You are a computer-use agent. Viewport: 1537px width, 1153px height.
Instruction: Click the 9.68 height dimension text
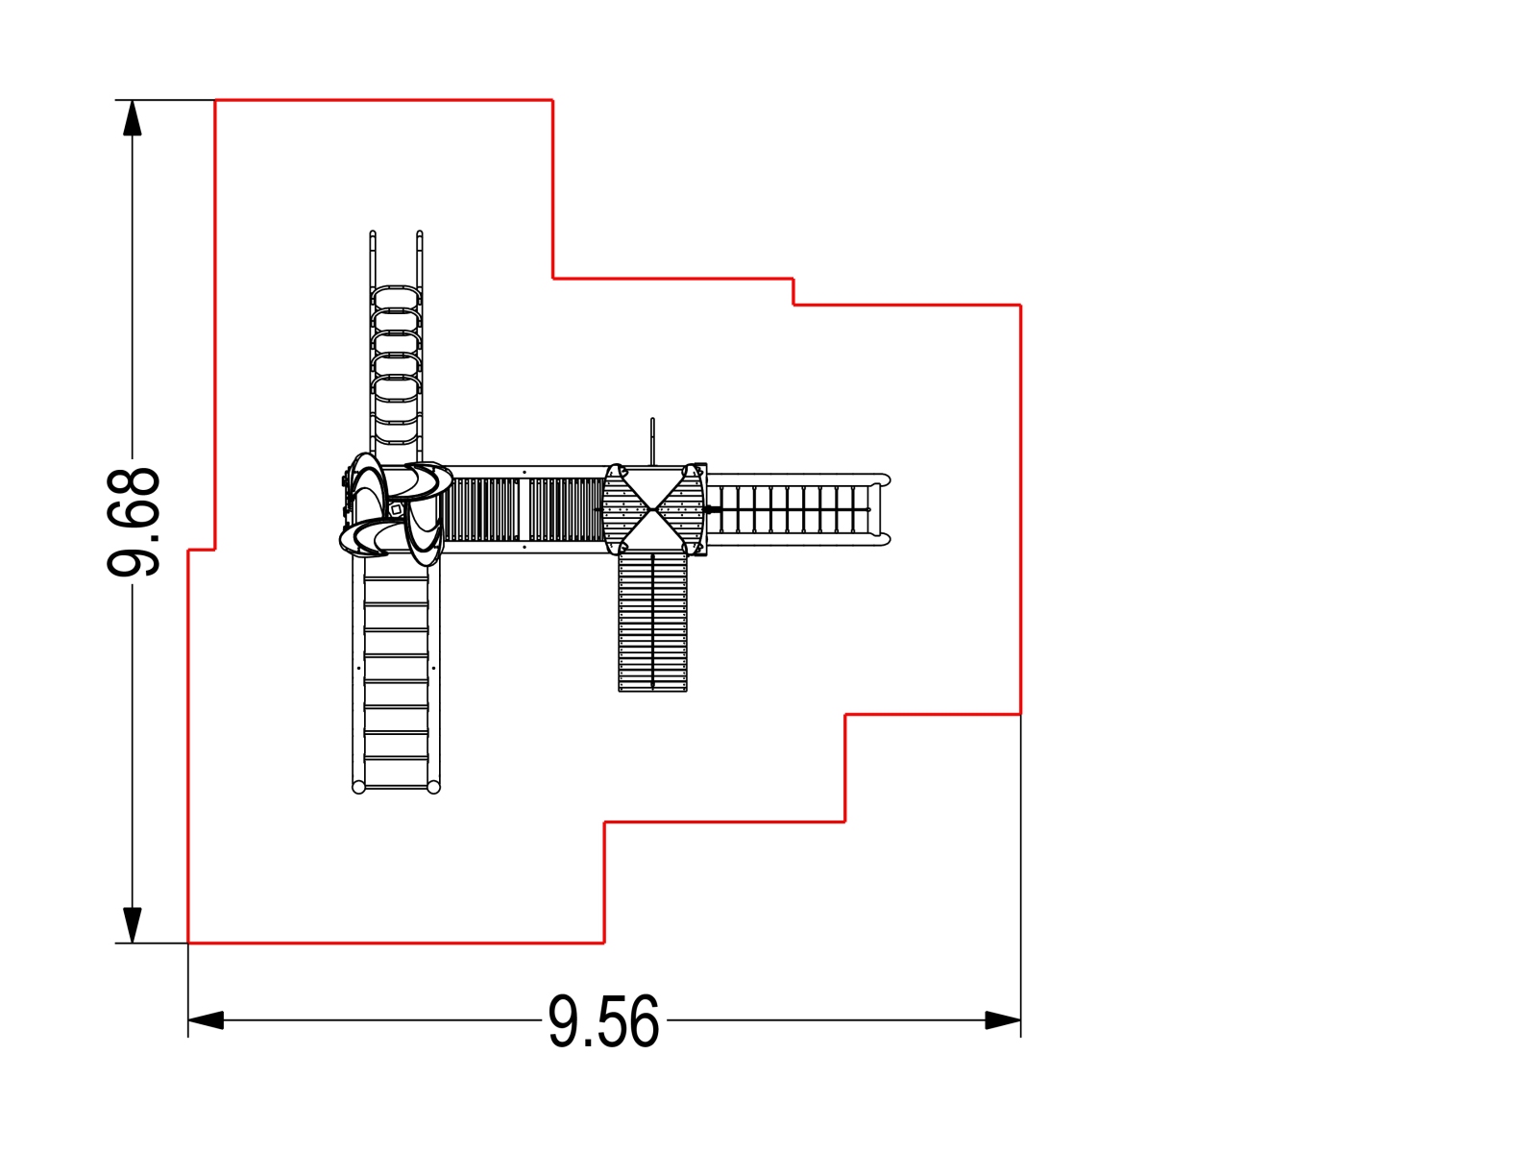(x=133, y=521)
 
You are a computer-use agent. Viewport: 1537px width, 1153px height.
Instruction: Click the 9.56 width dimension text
(x=603, y=1021)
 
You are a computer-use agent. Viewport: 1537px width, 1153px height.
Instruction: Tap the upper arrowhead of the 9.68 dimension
(x=132, y=117)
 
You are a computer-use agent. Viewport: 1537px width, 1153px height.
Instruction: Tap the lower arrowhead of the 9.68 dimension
(x=132, y=925)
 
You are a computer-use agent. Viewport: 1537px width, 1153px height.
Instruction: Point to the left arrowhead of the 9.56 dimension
(x=206, y=1020)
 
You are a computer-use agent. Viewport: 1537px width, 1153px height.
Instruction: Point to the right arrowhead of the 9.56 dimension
(x=1003, y=1020)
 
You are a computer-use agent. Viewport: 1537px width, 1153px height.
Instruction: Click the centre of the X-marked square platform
(x=652, y=509)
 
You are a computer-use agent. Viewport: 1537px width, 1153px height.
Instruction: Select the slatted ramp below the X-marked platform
(x=652, y=622)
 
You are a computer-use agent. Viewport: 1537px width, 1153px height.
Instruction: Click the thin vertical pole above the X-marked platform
(x=652, y=441)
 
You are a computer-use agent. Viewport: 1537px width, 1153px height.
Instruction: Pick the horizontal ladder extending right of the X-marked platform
(x=798, y=509)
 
